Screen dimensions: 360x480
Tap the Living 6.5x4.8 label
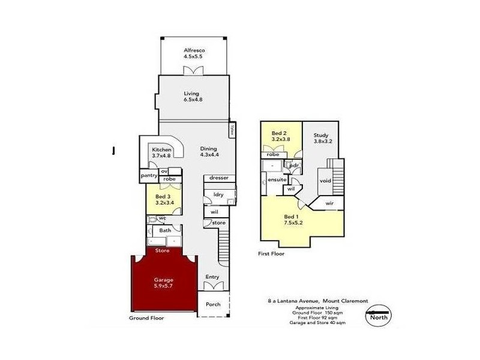(x=194, y=97)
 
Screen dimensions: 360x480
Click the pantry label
(x=149, y=176)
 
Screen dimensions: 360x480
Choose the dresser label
(x=220, y=178)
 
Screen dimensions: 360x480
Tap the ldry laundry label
(x=218, y=194)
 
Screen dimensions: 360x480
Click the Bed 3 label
(x=164, y=200)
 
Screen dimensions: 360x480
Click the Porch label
(x=213, y=304)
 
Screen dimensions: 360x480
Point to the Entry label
(x=212, y=277)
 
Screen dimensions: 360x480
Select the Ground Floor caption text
(x=146, y=318)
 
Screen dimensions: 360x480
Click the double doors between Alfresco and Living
(x=194, y=71)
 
